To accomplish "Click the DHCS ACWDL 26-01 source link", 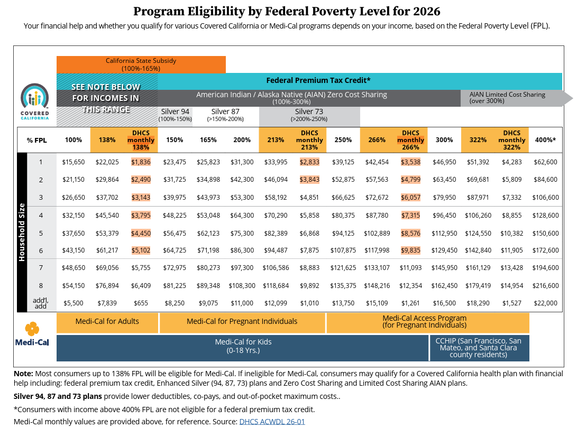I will coord(272,422).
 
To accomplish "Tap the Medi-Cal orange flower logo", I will coord(32,329).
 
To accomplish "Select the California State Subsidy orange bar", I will coord(141,64).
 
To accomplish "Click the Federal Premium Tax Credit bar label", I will coord(318,80).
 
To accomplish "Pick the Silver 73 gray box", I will coord(309,115).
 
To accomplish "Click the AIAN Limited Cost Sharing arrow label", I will coord(507,97).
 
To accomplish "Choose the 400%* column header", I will coord(545,140).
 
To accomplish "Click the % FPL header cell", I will coord(37,140).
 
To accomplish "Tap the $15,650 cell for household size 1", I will coord(74,162).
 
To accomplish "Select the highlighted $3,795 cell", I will coord(141,216).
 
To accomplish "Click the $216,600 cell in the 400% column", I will coord(545,286).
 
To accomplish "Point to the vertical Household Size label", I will coord(22,232).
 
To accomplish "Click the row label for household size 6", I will coord(41,250).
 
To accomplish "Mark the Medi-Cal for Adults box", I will coord(107,321).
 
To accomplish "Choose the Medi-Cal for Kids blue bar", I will coord(243,346).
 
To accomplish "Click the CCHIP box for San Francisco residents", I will coord(478,348).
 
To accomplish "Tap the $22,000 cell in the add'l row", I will coord(545,303).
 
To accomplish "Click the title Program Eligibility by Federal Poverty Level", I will coord(286,11).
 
